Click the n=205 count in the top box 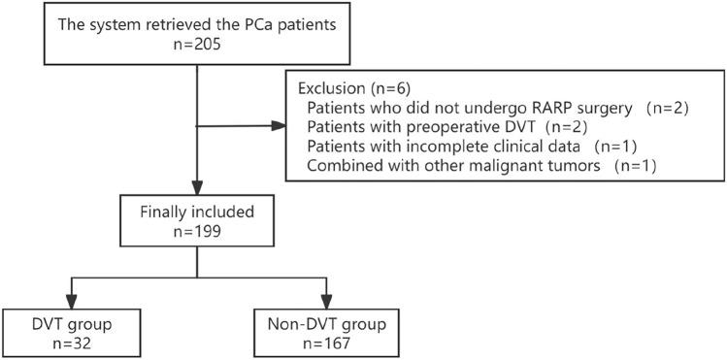click(198, 44)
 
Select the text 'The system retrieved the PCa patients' click(198, 21)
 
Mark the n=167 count click(328, 343)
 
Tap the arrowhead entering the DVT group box click(69, 300)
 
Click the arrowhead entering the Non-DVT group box click(328, 300)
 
